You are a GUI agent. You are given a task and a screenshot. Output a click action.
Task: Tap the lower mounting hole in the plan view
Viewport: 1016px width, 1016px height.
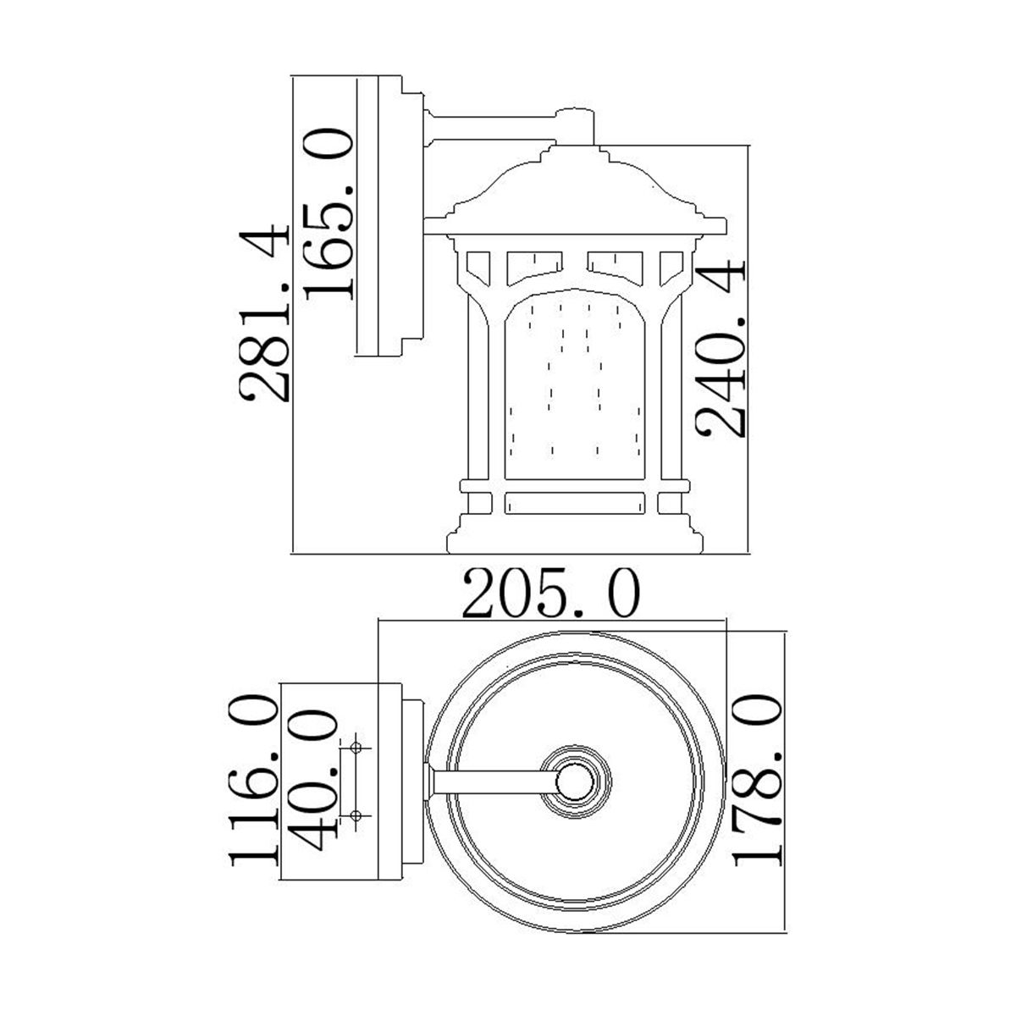[x=356, y=814]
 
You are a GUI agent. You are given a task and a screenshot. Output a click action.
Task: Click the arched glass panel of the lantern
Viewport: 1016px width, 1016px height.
[x=580, y=398]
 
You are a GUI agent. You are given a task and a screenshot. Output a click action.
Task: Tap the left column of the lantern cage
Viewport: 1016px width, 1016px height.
[x=479, y=398]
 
